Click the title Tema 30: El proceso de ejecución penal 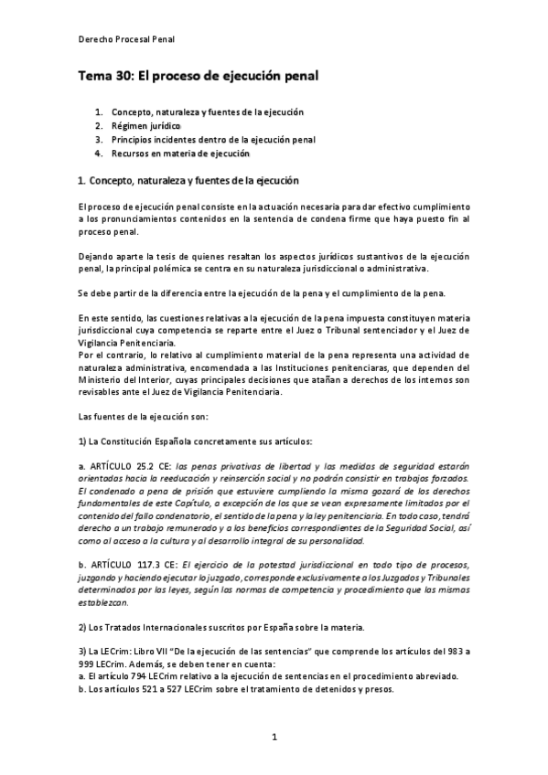coord(197,78)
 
